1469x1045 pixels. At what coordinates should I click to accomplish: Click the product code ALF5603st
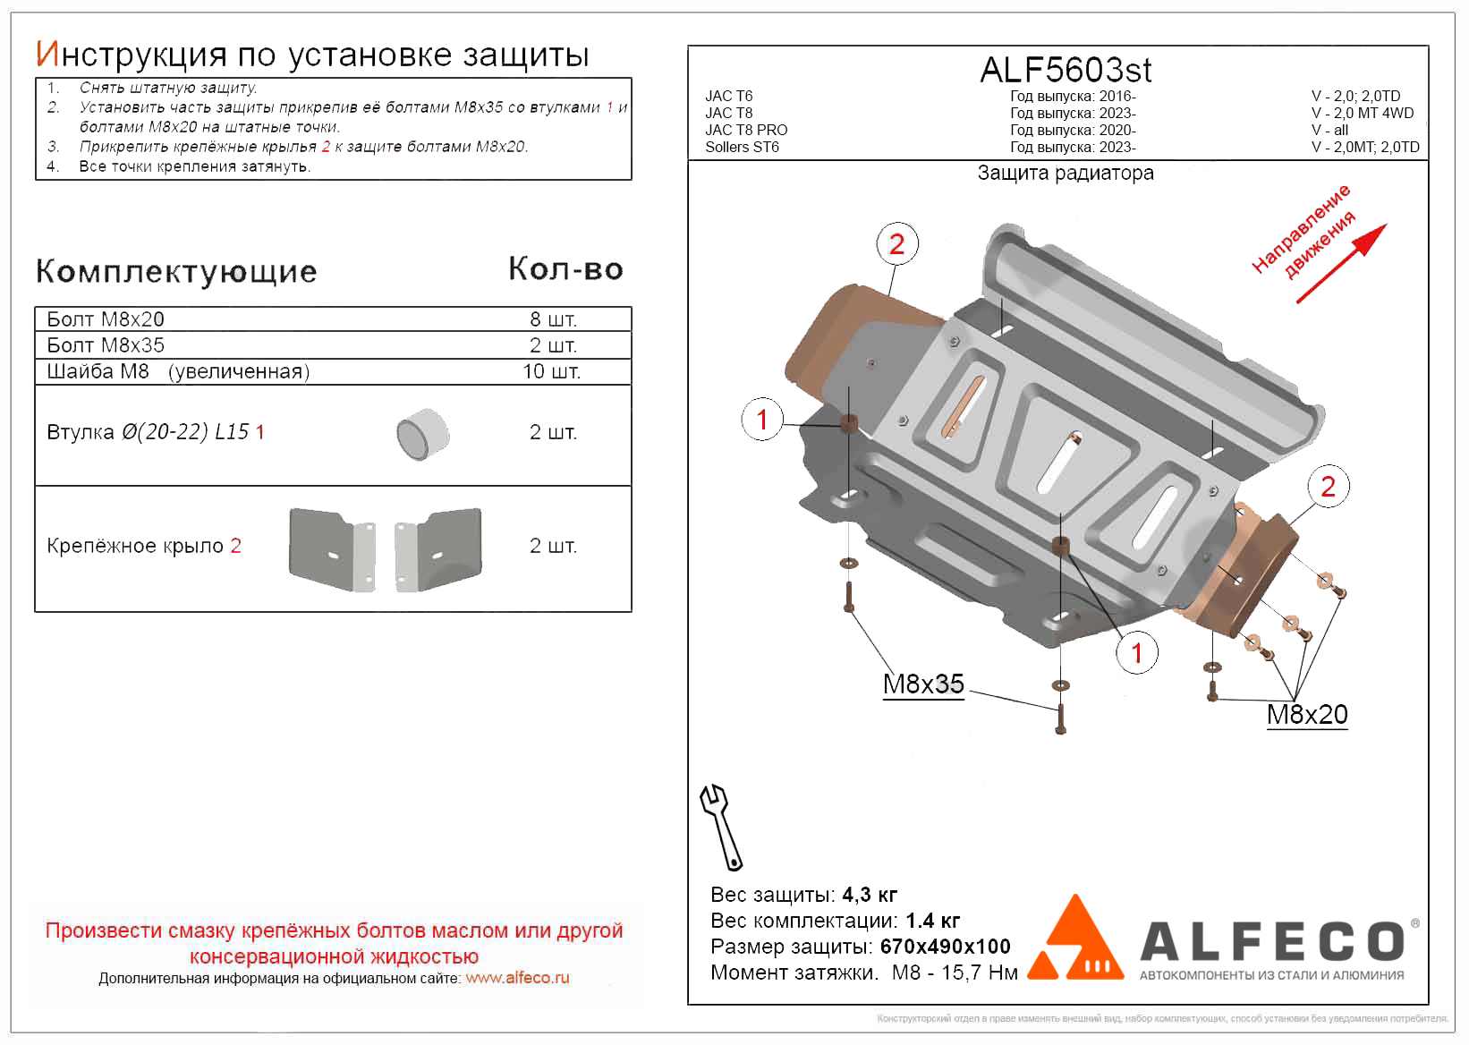1066,70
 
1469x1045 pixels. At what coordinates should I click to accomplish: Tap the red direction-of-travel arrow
1341,263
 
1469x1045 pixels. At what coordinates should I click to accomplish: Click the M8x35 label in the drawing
923,684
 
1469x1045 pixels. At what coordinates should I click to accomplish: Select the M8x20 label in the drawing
1306,715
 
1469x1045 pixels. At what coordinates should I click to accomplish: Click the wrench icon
721,827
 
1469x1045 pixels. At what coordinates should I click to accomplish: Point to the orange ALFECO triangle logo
1076,939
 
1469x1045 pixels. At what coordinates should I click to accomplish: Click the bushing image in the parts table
422,435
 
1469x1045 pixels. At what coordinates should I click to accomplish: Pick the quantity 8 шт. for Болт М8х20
553,319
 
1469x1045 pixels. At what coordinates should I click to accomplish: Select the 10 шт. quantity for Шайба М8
551,371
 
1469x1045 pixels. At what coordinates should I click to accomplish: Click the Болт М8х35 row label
106,345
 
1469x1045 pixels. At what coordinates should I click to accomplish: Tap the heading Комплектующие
176,271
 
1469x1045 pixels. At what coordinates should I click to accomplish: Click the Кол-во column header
565,268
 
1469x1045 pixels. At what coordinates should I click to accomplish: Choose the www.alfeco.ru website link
517,978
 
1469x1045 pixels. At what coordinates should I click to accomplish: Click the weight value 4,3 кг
870,895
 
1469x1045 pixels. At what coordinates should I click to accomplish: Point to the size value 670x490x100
945,947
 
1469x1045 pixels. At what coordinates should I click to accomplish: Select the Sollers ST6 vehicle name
742,147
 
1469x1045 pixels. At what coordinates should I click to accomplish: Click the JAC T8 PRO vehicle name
746,130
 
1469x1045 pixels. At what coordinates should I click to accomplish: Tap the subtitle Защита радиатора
1066,173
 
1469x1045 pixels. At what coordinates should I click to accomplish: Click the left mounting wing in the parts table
332,549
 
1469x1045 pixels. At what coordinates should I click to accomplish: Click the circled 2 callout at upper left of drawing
896,244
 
